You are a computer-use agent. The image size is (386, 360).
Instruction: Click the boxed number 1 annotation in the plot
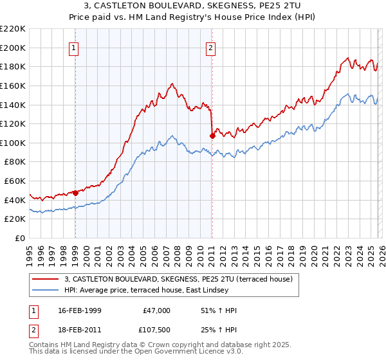[x=74, y=47]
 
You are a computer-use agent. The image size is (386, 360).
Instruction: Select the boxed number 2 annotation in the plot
[x=210, y=47]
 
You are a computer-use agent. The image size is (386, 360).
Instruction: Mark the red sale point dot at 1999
[x=76, y=192]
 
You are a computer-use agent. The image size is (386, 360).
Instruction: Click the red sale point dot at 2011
[x=212, y=135]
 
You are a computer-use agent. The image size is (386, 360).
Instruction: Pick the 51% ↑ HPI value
[x=219, y=310]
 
